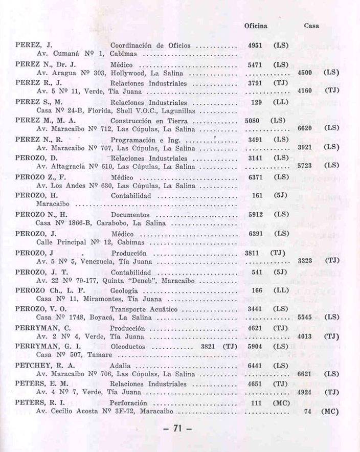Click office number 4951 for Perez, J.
[x=255, y=46]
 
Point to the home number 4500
[x=304, y=73]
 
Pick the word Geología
[x=126, y=290]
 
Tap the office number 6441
[x=255, y=366]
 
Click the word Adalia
[x=121, y=366]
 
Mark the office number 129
[x=257, y=102]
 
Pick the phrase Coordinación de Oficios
[x=150, y=46]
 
